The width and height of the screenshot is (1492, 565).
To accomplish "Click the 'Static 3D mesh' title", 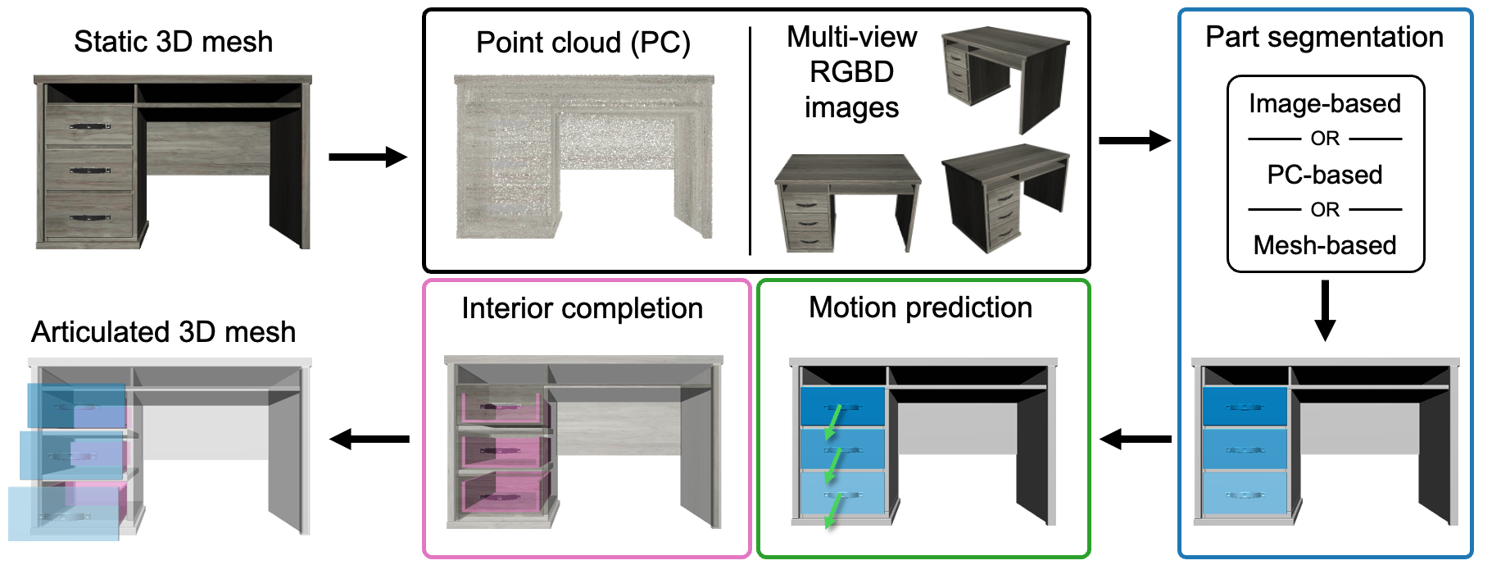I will pyautogui.click(x=173, y=42).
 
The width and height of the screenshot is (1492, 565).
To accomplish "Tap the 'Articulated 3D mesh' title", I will pyautogui.click(x=163, y=332).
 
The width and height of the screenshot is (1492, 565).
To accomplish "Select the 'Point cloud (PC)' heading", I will pyautogui.click(x=583, y=43).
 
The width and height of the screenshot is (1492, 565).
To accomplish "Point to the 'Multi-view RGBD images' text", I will pyautogui.click(x=851, y=72).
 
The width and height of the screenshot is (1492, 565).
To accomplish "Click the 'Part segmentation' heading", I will pyautogui.click(x=1324, y=37).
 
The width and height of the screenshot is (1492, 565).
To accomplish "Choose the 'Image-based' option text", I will pyautogui.click(x=1324, y=103).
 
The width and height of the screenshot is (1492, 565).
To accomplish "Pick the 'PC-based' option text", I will pyautogui.click(x=1324, y=175).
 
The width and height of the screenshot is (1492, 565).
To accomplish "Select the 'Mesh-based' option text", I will pyautogui.click(x=1324, y=245).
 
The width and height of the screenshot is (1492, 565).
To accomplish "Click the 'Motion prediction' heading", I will pyautogui.click(x=920, y=308).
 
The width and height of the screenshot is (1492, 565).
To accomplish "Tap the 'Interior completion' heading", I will pyautogui.click(x=582, y=308).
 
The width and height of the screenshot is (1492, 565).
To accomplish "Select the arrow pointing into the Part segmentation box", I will pyautogui.click(x=1134, y=140).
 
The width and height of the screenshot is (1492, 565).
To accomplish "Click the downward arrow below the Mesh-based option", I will pyautogui.click(x=1324, y=310).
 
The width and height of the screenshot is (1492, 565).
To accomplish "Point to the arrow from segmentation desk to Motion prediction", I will pyautogui.click(x=1134, y=440).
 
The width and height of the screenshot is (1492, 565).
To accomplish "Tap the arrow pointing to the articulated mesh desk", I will pyautogui.click(x=369, y=440).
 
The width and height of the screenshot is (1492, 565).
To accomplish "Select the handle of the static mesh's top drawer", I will pyautogui.click(x=89, y=126).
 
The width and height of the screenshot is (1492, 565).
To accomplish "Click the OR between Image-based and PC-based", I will pyautogui.click(x=1324, y=139).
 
